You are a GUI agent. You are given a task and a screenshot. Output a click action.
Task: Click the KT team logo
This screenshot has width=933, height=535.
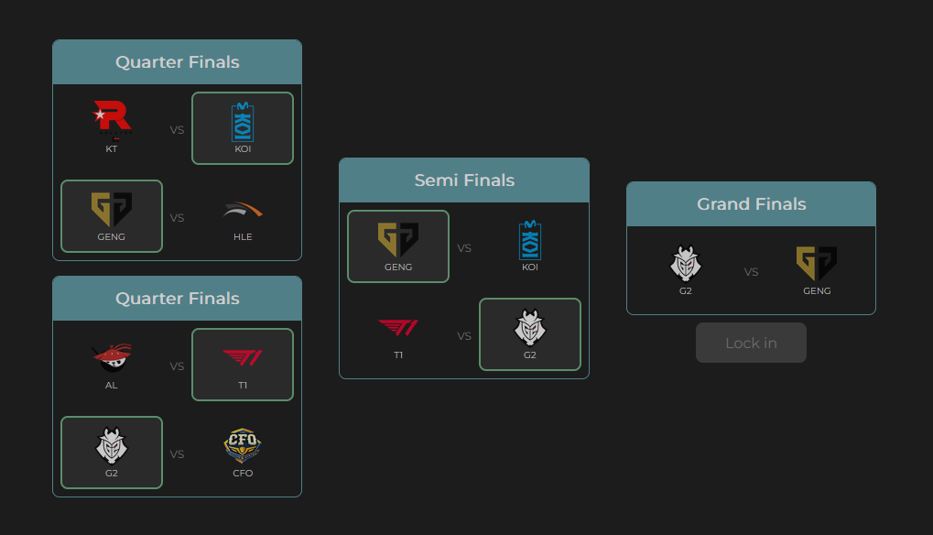tap(112, 118)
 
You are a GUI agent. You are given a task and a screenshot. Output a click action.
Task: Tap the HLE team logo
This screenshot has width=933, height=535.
tap(243, 211)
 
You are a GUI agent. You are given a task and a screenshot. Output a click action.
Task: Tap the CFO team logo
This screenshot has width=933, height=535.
tap(243, 446)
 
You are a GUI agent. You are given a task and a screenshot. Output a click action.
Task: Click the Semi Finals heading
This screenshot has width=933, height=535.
tap(464, 180)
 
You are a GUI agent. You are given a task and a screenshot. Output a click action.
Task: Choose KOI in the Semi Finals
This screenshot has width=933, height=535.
tap(529, 240)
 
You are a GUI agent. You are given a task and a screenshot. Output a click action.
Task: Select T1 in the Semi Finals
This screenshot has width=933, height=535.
tap(398, 328)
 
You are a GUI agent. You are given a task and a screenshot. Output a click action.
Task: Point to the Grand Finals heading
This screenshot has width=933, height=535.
tap(751, 204)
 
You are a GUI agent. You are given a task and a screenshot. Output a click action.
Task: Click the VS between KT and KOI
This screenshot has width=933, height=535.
tap(177, 130)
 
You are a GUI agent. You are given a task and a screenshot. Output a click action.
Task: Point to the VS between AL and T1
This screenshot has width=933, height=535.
tap(177, 366)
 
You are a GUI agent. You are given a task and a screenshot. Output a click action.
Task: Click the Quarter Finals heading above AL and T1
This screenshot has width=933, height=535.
tap(177, 299)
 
